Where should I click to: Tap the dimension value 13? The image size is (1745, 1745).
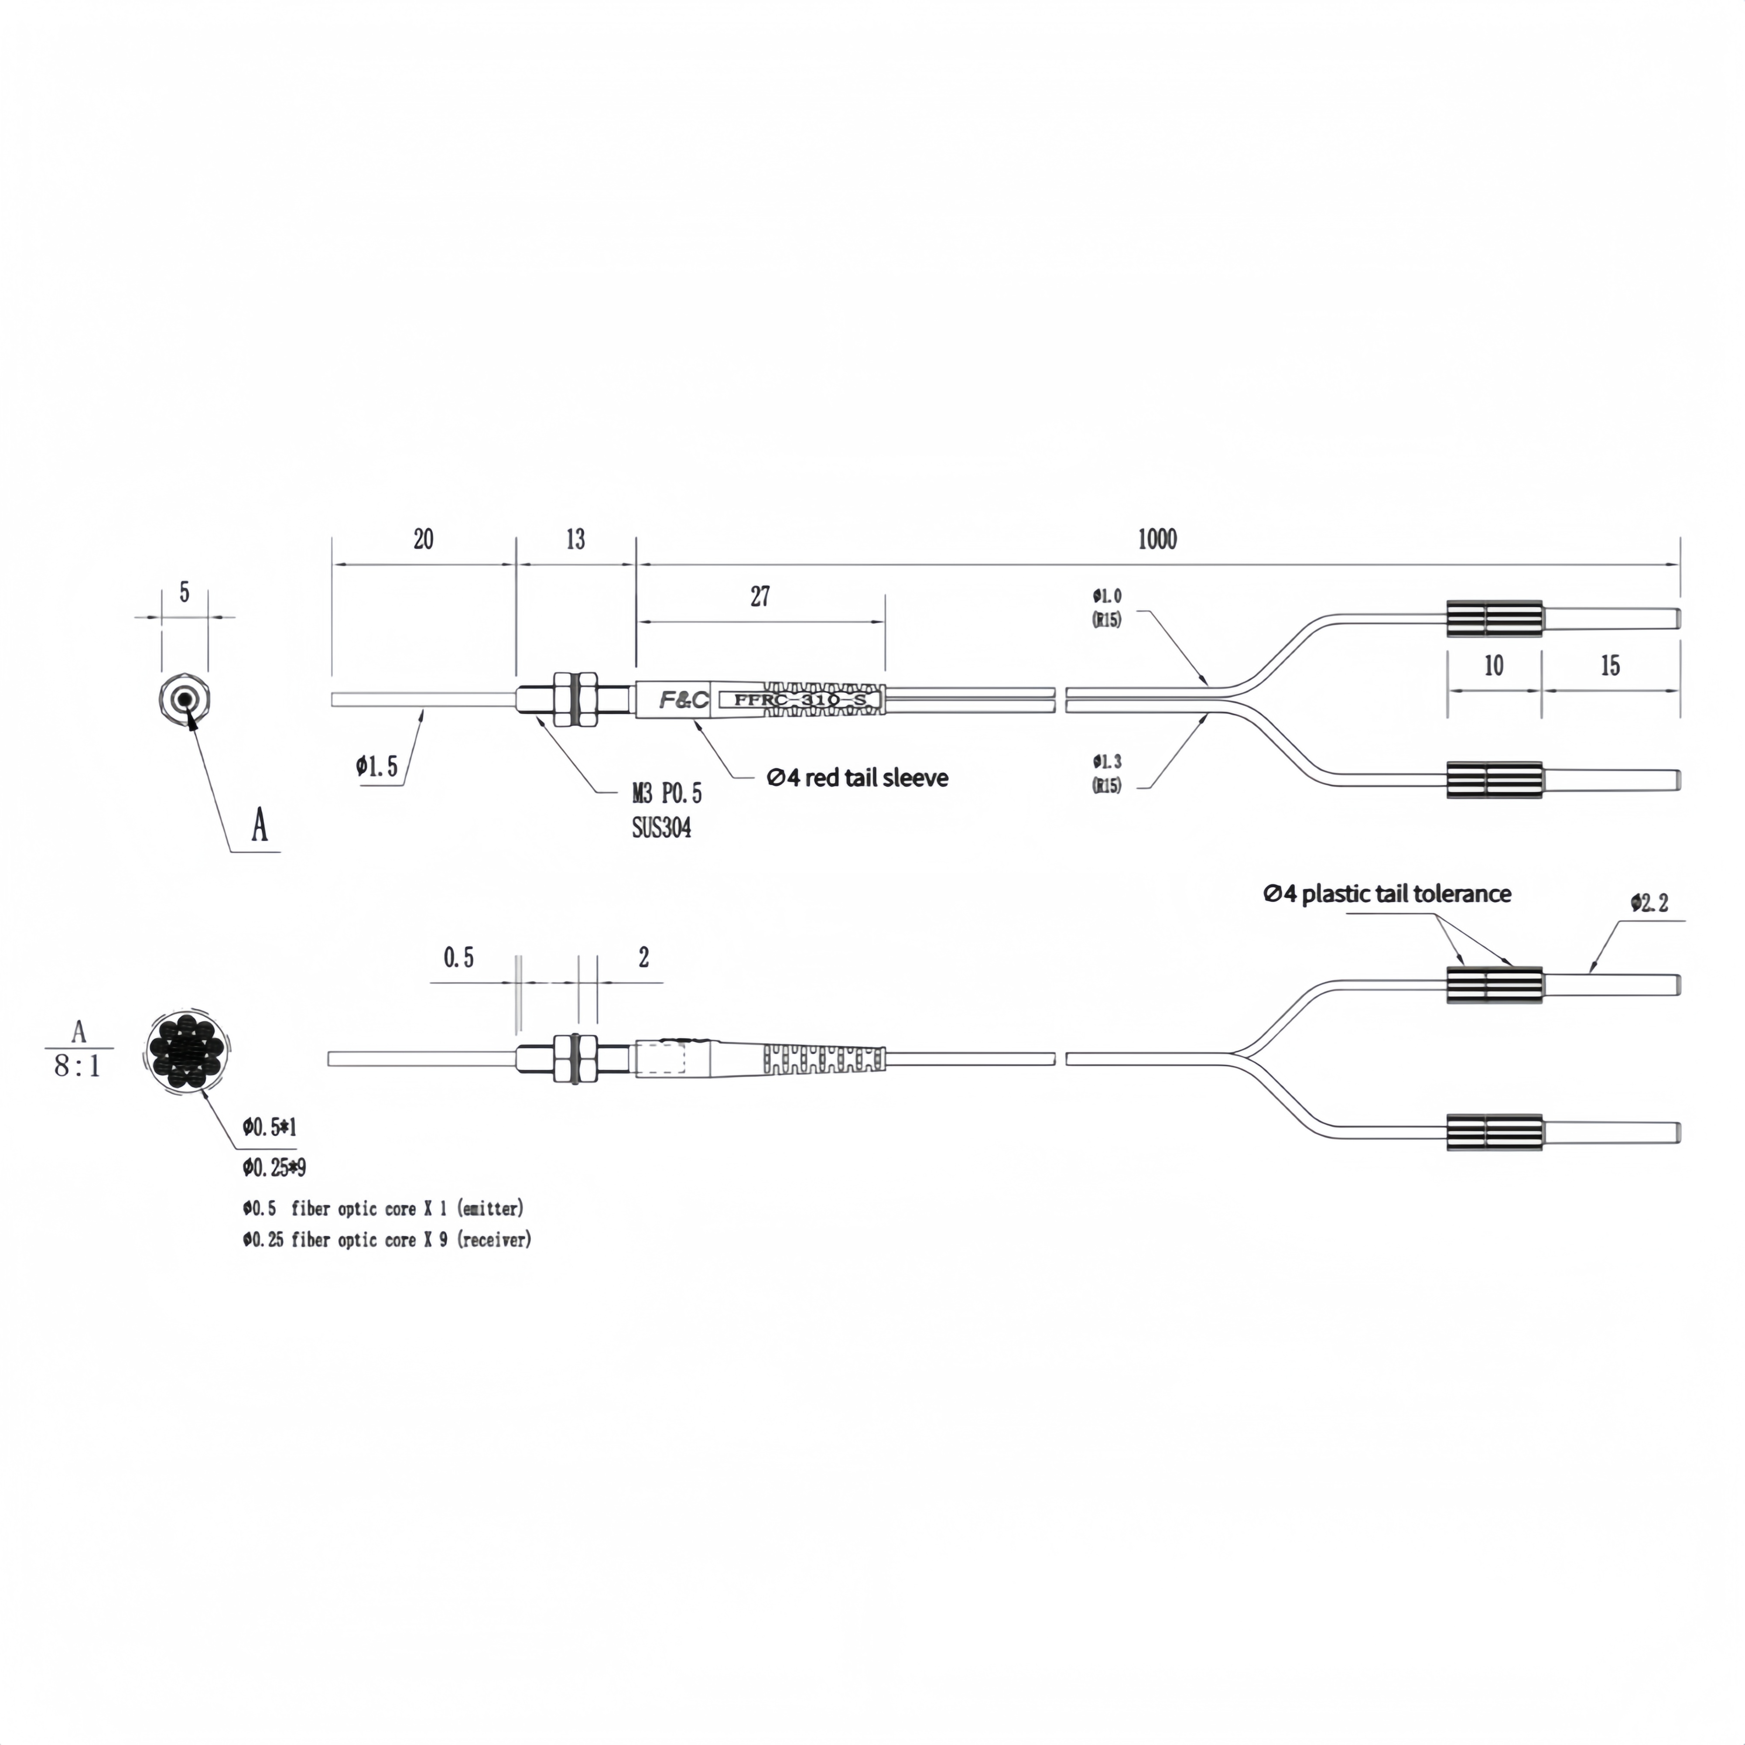(x=575, y=540)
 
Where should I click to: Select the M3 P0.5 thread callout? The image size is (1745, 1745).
(x=667, y=794)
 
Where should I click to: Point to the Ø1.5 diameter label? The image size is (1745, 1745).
(x=376, y=767)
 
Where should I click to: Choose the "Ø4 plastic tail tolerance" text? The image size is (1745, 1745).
(x=1386, y=894)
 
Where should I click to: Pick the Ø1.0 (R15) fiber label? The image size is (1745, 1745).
(x=1106, y=607)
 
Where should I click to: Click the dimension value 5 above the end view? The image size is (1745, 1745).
(x=184, y=592)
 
